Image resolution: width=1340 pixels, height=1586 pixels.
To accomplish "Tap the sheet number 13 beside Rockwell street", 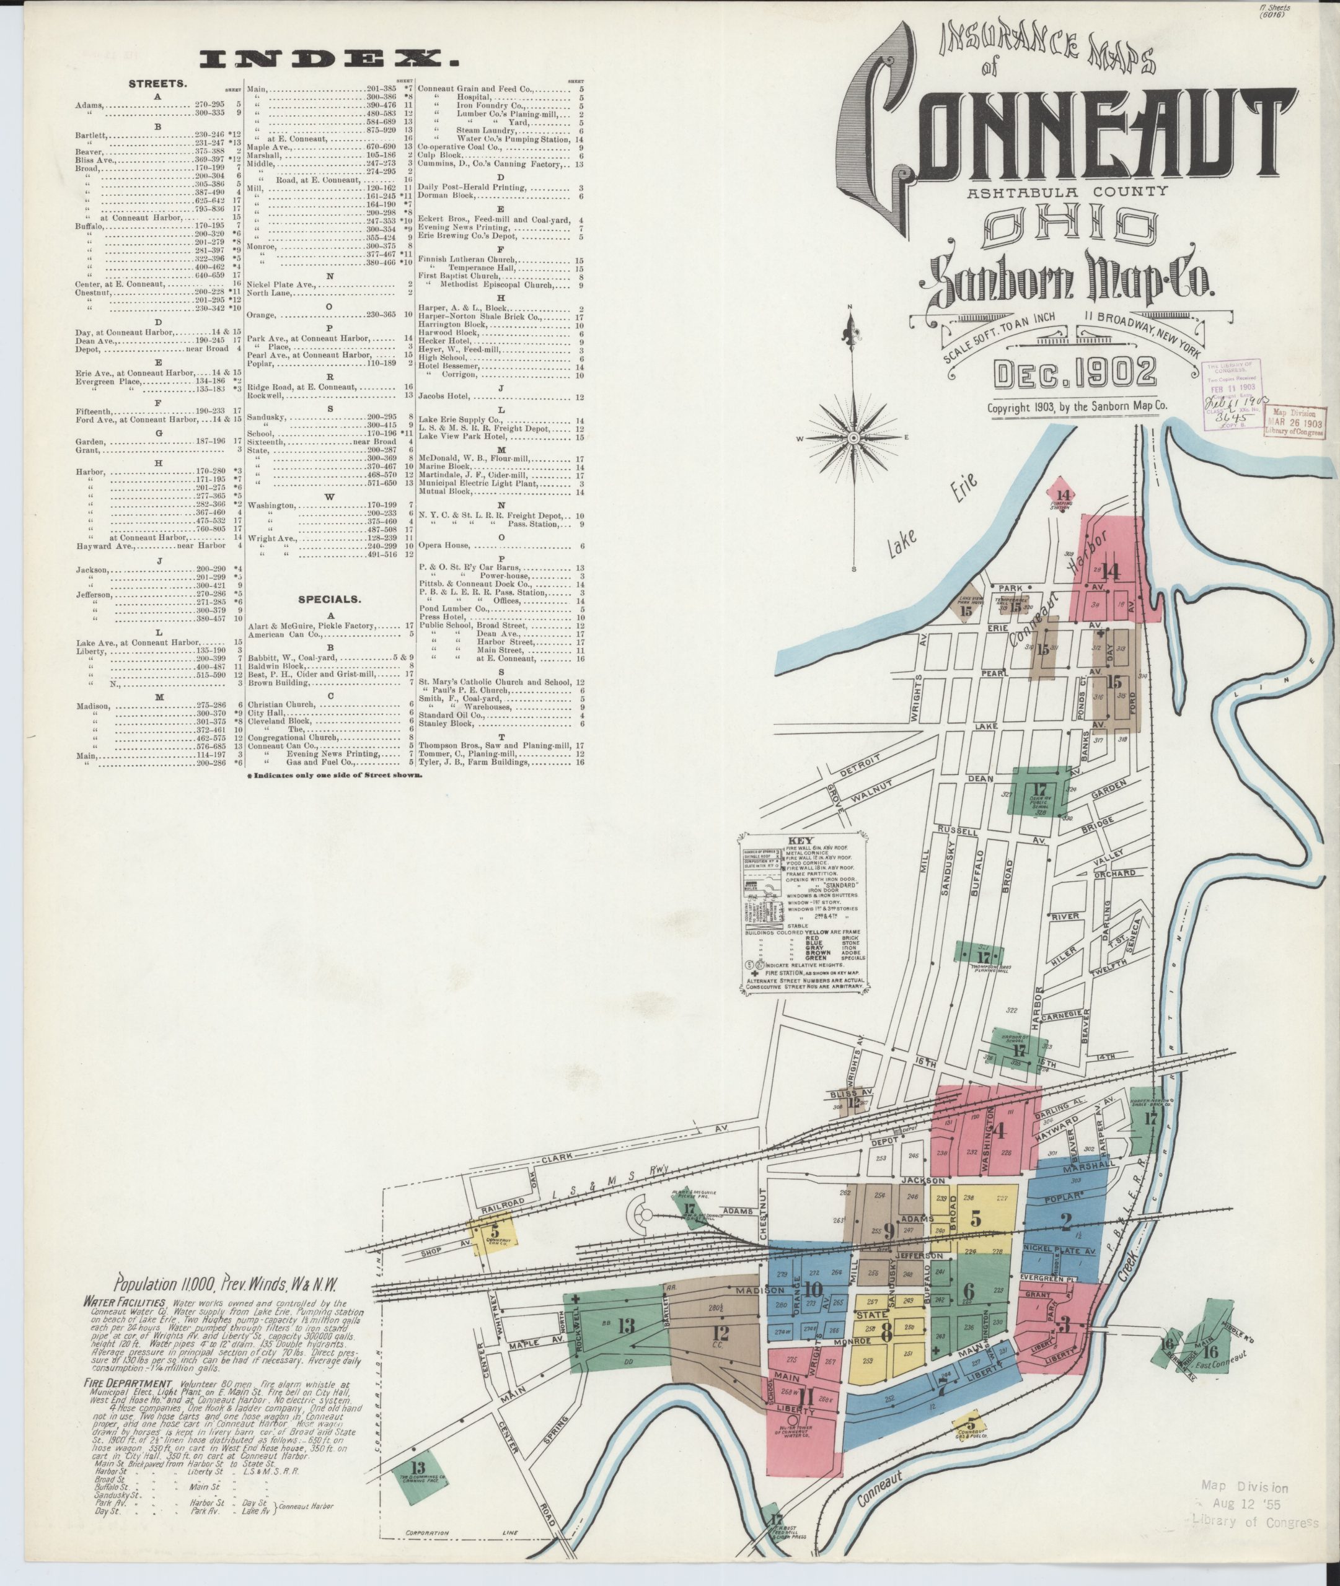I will [626, 1326].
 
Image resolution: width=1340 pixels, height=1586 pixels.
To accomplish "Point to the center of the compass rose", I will [853, 438].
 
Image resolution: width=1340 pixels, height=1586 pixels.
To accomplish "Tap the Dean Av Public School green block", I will [1040, 791].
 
